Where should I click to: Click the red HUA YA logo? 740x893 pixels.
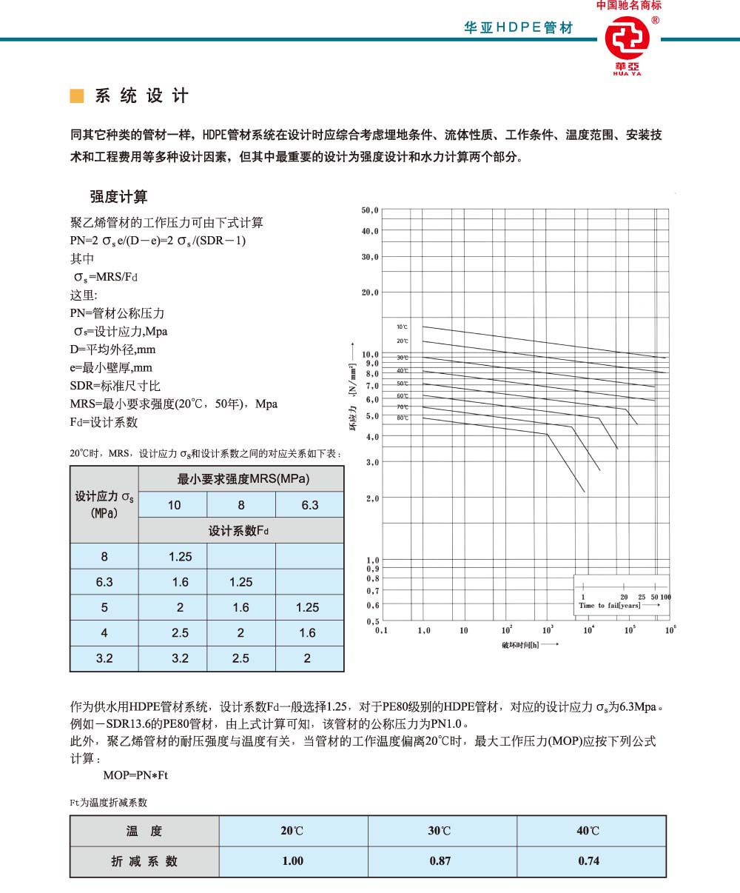(626, 44)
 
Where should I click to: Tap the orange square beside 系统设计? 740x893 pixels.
(75, 96)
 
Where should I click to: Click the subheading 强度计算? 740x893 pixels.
(118, 196)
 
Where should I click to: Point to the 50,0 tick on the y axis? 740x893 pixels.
(370, 210)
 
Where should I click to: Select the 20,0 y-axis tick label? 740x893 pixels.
(370, 292)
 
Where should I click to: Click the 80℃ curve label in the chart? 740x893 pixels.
(402, 418)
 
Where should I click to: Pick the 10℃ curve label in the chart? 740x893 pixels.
(402, 327)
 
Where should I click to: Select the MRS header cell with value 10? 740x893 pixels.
(174, 505)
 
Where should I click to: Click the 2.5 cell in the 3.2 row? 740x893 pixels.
(240, 658)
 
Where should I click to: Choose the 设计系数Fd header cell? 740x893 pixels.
(240, 531)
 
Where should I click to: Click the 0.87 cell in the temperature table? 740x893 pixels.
(440, 861)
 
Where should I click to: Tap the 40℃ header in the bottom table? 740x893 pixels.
(589, 831)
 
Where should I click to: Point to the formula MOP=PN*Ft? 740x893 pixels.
(135, 775)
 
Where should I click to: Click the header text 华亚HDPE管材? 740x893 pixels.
(518, 27)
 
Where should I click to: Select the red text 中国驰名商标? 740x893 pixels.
(629, 5)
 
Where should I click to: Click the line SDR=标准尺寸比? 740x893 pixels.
(115, 386)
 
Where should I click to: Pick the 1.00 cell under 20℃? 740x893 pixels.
(292, 861)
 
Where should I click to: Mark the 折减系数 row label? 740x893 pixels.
(144, 861)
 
